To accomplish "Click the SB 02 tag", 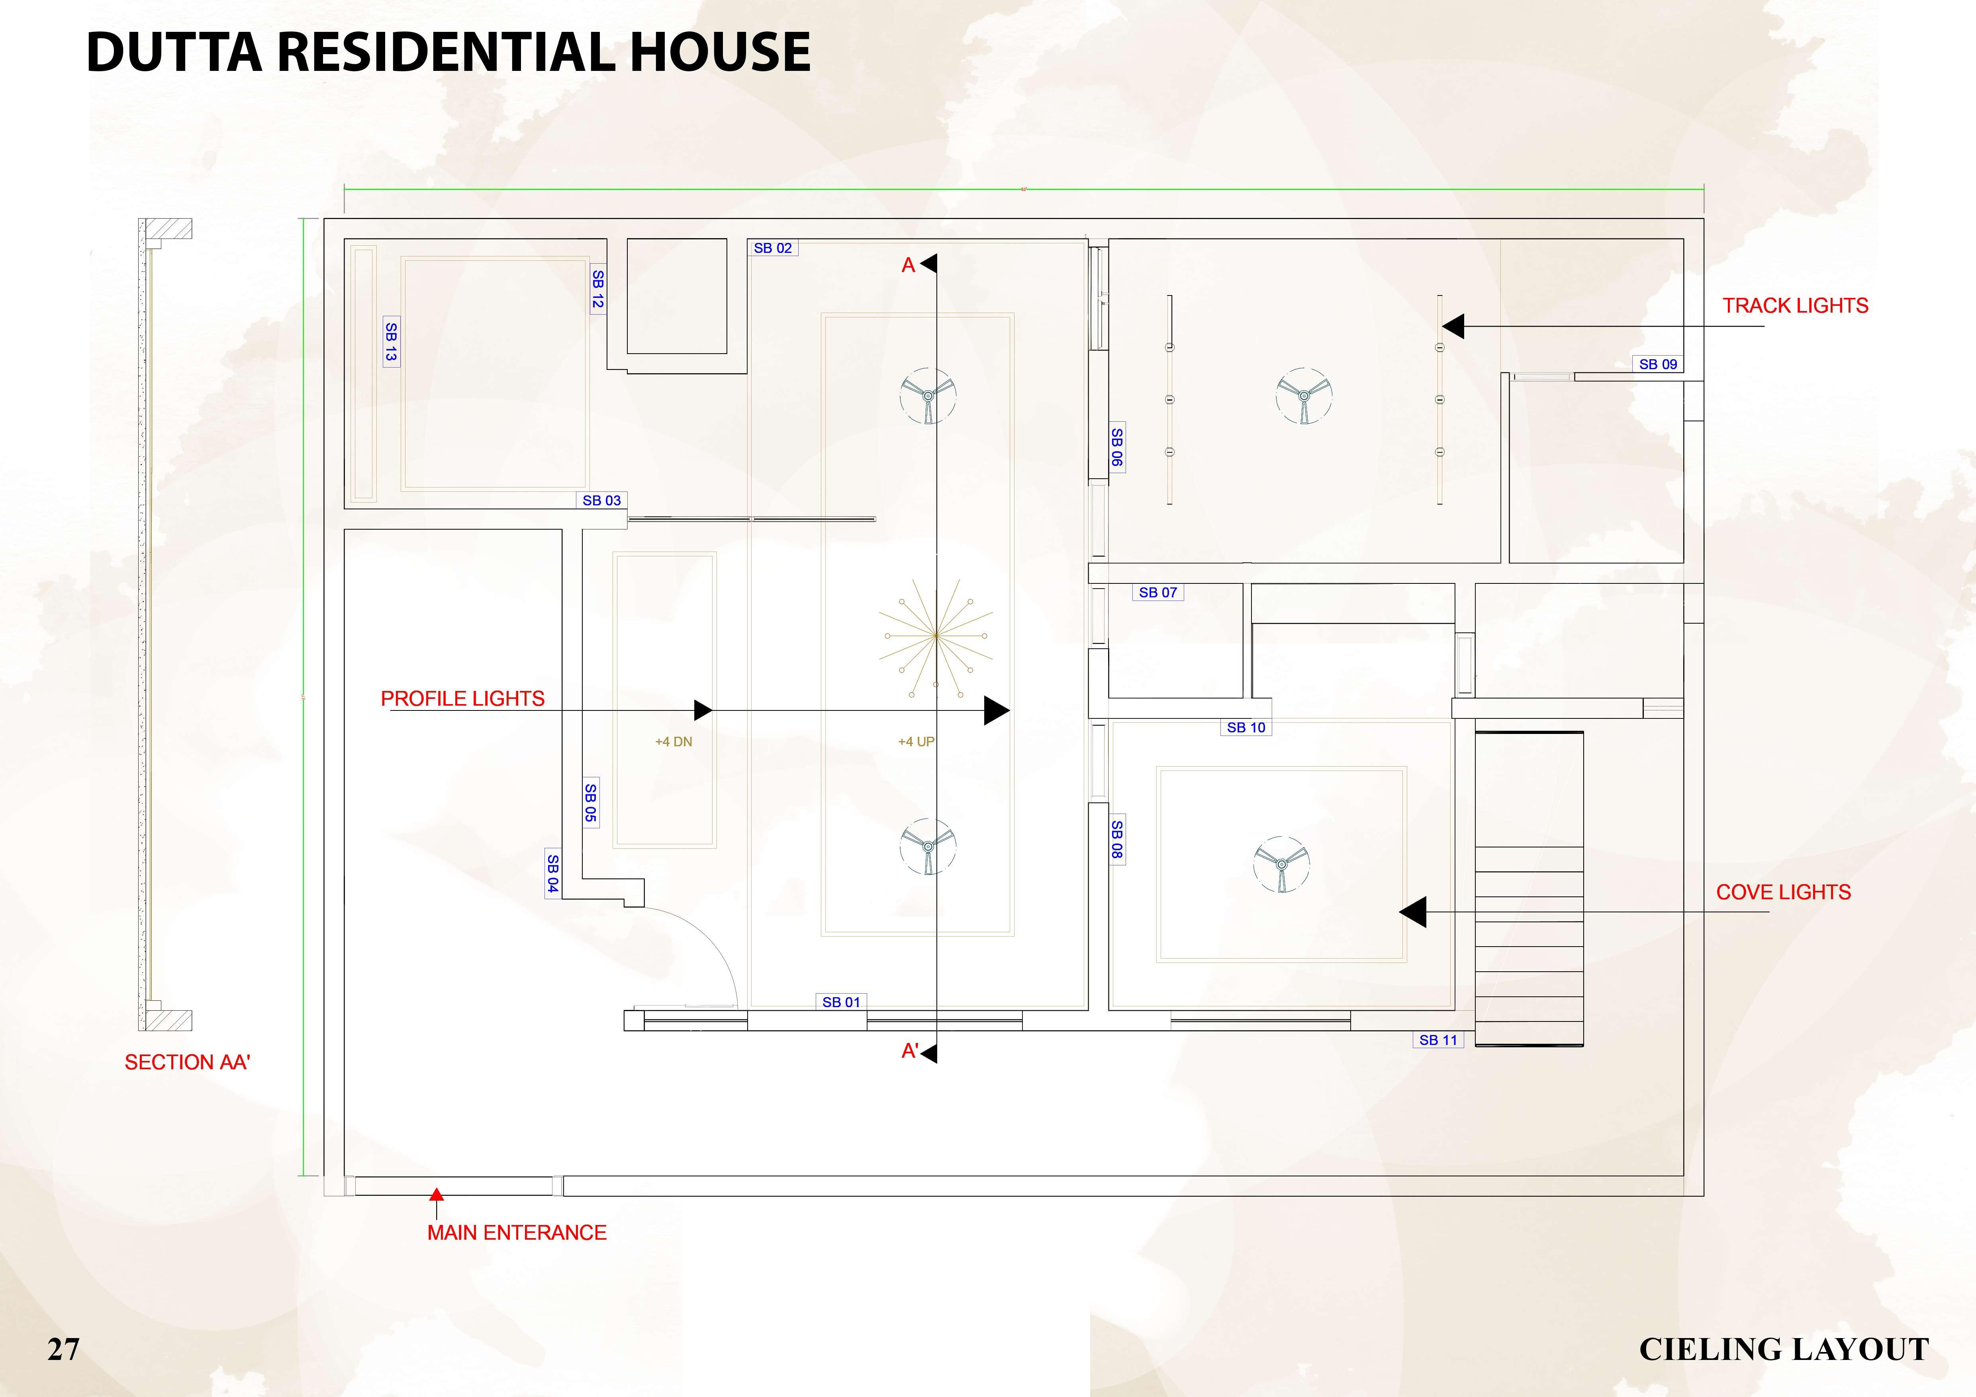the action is [772, 248].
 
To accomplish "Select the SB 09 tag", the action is [1658, 364].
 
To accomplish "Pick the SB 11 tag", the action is [1438, 1040].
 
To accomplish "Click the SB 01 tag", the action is [841, 1002].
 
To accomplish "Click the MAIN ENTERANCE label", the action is [516, 1233].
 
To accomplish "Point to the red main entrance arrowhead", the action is [436, 1195].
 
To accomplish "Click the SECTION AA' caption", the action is [187, 1062].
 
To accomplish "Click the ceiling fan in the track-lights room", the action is [1304, 396].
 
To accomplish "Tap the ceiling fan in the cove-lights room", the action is [1281, 863].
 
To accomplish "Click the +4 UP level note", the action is [916, 742].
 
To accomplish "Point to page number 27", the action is [64, 1349].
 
